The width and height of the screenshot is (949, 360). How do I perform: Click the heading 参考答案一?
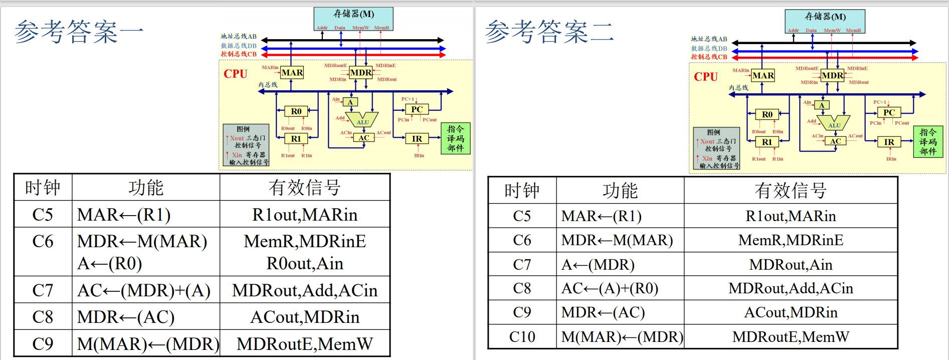(79, 32)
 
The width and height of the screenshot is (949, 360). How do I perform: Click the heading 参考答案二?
(549, 32)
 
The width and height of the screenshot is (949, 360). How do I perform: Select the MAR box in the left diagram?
(292, 73)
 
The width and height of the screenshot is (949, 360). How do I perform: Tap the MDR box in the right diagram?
(832, 76)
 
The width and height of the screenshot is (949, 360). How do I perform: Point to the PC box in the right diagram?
(889, 112)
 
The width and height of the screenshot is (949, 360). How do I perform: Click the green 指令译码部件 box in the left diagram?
(456, 138)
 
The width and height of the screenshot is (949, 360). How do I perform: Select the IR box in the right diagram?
(889, 142)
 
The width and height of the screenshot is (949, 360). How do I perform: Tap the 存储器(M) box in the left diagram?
(353, 19)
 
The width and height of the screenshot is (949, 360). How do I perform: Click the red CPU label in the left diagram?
(235, 74)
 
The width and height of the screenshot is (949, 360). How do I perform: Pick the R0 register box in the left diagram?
(296, 111)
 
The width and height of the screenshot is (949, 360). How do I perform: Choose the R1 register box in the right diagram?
(767, 142)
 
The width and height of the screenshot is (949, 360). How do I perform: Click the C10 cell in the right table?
(522, 336)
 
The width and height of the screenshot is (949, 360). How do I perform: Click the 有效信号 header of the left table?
(304, 188)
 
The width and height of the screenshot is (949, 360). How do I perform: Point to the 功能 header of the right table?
(620, 191)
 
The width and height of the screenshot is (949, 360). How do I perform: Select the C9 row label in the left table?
(43, 343)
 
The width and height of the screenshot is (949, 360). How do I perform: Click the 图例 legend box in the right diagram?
(716, 148)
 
